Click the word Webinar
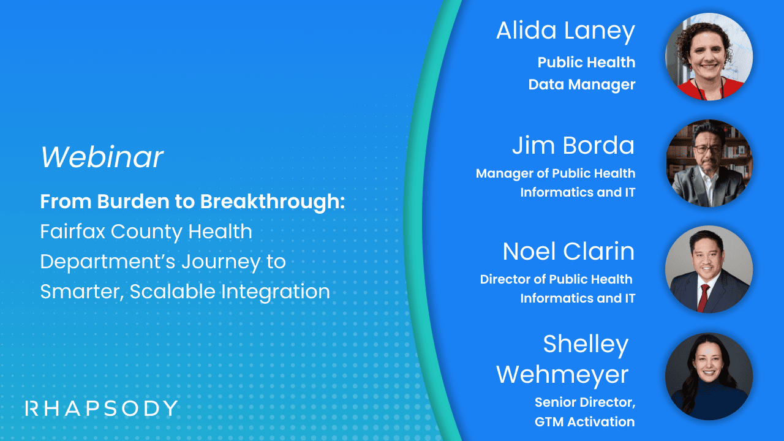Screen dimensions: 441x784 [x=102, y=157]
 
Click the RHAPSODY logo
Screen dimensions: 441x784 [x=102, y=408]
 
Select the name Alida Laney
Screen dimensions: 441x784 [x=565, y=31]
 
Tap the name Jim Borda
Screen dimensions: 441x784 [x=573, y=146]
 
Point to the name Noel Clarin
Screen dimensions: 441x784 [x=568, y=251]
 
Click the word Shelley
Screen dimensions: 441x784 [x=586, y=344]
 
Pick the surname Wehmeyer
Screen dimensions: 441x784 [x=562, y=374]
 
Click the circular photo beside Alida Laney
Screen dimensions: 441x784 [x=709, y=56]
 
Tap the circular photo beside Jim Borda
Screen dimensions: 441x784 [x=709, y=163]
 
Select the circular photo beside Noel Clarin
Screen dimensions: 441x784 [x=709, y=269]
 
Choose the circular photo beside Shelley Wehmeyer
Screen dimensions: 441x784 [x=709, y=376]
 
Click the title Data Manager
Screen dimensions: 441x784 [x=581, y=85]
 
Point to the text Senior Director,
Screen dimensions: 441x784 [x=584, y=402]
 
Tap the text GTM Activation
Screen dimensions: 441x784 [x=584, y=421]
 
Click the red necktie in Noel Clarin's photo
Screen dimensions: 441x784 [x=704, y=296]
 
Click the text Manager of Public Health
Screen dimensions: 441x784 [x=555, y=173]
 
